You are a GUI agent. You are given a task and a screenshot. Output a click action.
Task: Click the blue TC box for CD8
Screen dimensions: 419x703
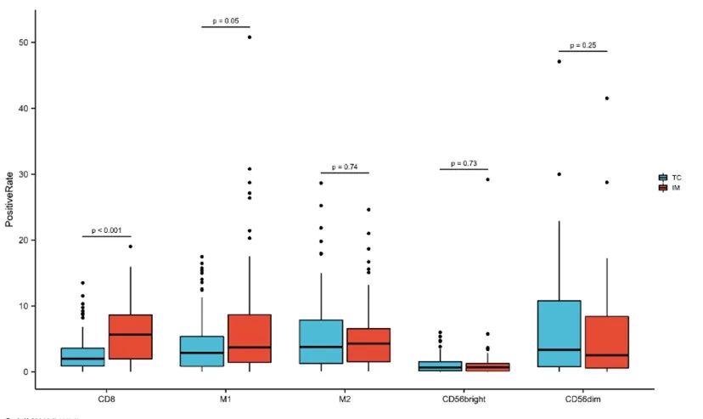coord(82,356)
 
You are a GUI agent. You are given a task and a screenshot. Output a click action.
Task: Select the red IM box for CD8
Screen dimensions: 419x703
coord(130,337)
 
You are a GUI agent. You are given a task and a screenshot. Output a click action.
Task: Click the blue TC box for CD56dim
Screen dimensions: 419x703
coord(560,333)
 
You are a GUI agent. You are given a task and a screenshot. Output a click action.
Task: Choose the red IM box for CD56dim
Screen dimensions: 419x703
coord(607,342)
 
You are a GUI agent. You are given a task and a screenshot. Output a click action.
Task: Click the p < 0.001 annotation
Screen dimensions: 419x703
coord(106,230)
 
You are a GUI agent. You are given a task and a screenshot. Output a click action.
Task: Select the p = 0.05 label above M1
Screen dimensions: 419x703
coord(225,20)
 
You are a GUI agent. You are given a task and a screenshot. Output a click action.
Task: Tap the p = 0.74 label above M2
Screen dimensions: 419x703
coord(345,167)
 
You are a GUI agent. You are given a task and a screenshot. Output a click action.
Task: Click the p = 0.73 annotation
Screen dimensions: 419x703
coord(464,162)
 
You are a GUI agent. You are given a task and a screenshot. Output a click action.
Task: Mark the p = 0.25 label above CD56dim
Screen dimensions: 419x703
coord(583,45)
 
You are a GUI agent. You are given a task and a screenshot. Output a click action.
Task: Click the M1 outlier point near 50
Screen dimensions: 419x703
coord(250,37)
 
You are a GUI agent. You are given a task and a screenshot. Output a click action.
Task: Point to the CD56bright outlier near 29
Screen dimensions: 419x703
coord(487,179)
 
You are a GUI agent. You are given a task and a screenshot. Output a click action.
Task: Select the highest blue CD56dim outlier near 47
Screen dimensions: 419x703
coord(560,61)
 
